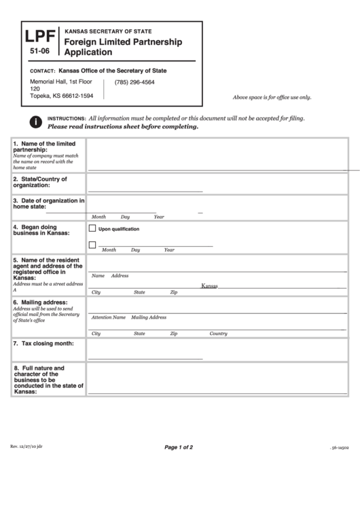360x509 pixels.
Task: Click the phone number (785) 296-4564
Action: pos(134,83)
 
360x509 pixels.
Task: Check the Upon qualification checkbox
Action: pos(92,228)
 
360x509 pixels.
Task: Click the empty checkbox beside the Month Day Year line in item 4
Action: pos(92,245)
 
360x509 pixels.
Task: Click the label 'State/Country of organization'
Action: pos(41,181)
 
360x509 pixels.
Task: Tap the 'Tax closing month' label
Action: pos(43,343)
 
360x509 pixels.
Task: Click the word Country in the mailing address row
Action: pos(218,334)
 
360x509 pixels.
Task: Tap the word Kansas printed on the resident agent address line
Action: pos(209,286)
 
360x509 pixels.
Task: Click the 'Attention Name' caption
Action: pos(109,317)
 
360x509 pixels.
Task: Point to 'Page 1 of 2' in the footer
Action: pos(179,447)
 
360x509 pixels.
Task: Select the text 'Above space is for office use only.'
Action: pos(272,98)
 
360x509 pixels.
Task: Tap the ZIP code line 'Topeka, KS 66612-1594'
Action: pos(62,96)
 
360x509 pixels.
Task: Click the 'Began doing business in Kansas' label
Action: pos(41,230)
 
